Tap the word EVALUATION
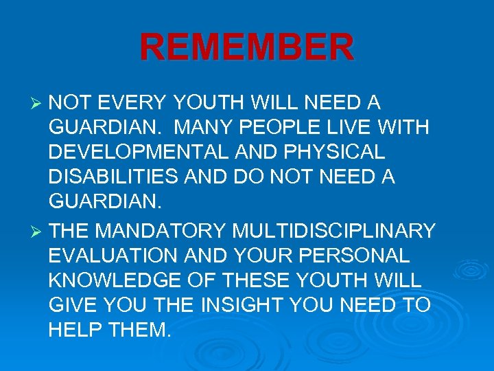pos(111,256)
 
